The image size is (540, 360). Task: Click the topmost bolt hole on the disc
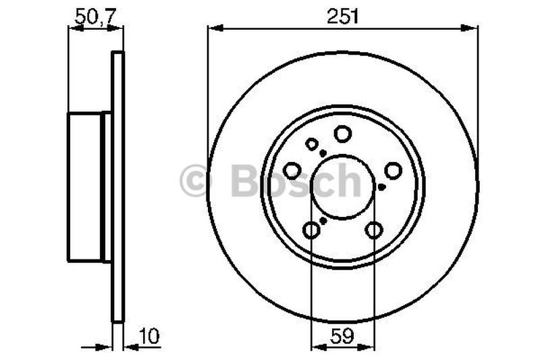click(x=343, y=134)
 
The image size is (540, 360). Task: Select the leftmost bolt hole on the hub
click(x=292, y=170)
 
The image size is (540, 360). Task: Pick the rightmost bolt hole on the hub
click(x=393, y=170)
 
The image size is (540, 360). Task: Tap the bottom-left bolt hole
click(x=311, y=231)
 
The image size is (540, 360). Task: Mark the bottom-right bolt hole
click(x=373, y=231)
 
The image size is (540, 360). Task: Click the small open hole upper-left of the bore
click(x=312, y=144)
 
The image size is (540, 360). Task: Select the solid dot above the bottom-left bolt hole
click(x=323, y=220)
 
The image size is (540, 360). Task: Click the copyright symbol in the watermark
click(x=196, y=182)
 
